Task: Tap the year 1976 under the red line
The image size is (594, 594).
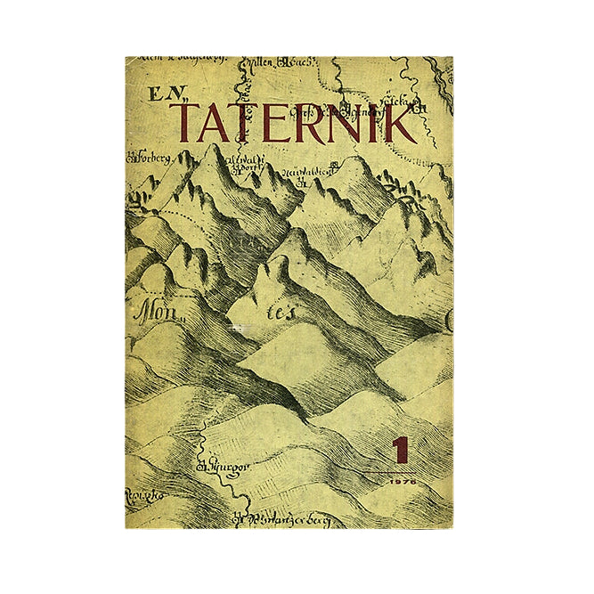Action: pos(403,480)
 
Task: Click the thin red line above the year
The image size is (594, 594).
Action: pos(403,470)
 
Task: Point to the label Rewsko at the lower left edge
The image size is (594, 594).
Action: pos(141,492)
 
